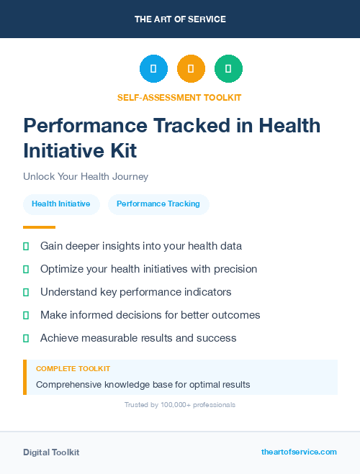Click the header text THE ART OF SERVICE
[x=180, y=19]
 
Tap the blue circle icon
[x=153, y=69]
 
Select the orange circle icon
[x=191, y=69]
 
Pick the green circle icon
[x=228, y=69]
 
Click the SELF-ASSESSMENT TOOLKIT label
[x=179, y=97]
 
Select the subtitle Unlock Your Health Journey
[x=85, y=176]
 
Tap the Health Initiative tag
[x=60, y=204]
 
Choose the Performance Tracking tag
[x=158, y=204]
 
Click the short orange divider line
[x=39, y=227]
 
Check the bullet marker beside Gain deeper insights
[x=26, y=246]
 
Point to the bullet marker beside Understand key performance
[x=26, y=292]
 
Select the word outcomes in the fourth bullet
[x=235, y=315]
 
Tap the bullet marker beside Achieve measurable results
[x=26, y=338]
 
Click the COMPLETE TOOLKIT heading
[x=73, y=369]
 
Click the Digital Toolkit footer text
[x=51, y=452]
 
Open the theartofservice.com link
[x=299, y=452]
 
